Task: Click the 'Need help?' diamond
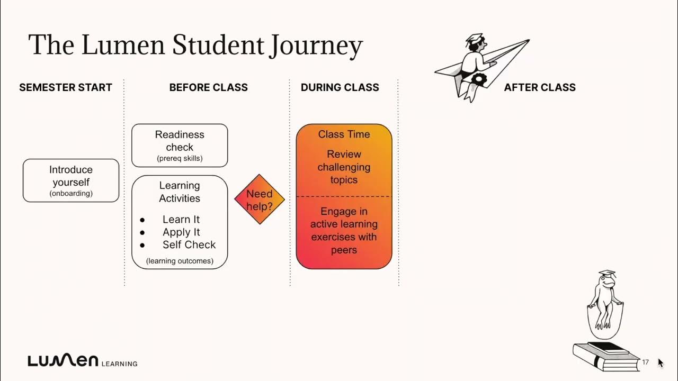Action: (260, 199)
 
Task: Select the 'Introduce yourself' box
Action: (71, 180)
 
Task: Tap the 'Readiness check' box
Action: (180, 145)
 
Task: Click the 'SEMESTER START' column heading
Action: (66, 87)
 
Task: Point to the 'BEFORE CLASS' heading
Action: (208, 87)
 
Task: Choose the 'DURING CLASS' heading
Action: (340, 87)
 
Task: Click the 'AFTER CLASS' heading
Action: (539, 87)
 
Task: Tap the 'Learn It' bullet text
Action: (181, 220)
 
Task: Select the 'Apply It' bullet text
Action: (181, 232)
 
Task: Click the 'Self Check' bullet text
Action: (189, 245)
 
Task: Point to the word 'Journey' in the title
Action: (316, 47)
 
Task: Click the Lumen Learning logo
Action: (82, 361)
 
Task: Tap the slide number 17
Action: (645, 362)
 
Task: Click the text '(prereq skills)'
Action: (180, 158)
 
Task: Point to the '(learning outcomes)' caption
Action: (180, 260)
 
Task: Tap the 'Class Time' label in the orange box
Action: (344, 134)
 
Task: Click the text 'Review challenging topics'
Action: (344, 167)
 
